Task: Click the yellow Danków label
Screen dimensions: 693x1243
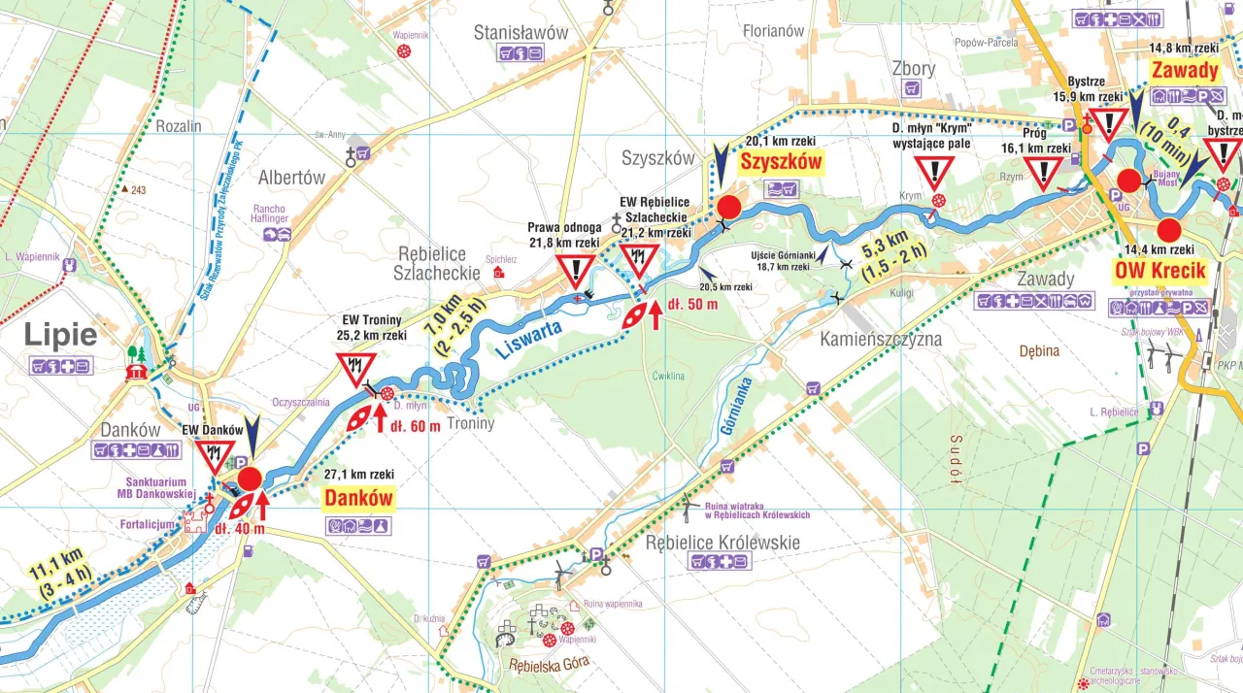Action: (x=359, y=499)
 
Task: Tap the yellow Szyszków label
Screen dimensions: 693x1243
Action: (x=781, y=161)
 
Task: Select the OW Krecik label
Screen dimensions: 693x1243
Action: (x=1160, y=271)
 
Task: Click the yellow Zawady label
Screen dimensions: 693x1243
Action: (x=1184, y=70)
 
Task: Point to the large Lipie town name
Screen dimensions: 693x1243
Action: (x=60, y=335)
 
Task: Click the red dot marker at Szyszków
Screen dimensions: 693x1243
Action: (x=728, y=207)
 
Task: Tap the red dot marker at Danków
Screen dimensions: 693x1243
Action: (x=250, y=478)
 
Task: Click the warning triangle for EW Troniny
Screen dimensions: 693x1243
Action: (x=355, y=369)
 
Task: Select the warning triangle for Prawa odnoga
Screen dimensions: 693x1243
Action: (x=577, y=271)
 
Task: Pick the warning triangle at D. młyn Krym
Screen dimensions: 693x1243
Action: (x=934, y=173)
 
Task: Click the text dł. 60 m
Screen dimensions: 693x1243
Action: (x=415, y=425)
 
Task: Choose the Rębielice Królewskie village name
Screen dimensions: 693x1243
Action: (x=722, y=542)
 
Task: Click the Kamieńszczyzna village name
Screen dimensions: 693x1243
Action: (x=881, y=340)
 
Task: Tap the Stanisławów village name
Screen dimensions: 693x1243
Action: (x=521, y=32)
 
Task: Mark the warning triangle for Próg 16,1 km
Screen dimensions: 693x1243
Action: (x=1044, y=173)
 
